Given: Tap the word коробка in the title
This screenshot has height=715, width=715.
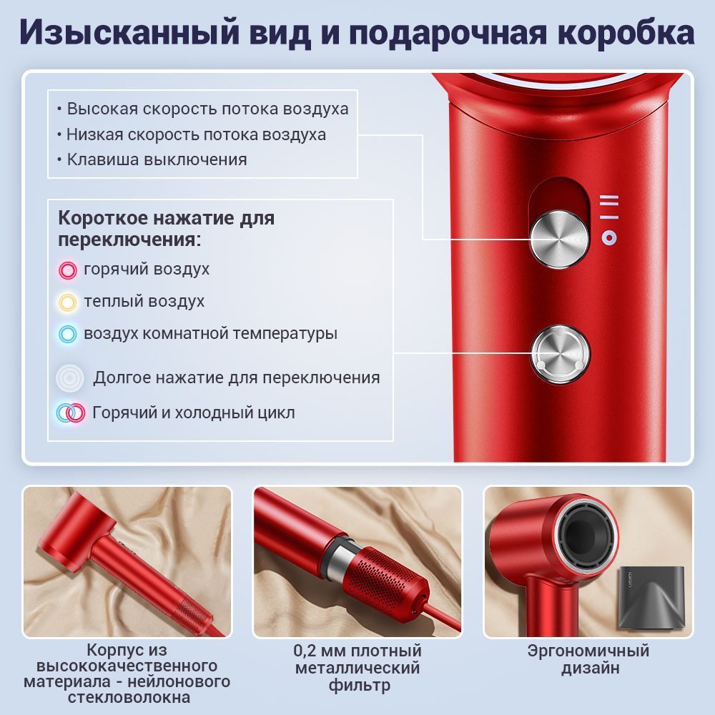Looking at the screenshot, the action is (x=626, y=32).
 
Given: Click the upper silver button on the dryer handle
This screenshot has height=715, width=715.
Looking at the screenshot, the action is (x=559, y=239).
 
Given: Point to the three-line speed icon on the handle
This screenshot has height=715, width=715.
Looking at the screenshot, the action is (x=609, y=207).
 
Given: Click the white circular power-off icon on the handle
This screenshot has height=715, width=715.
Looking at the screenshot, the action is (x=609, y=237).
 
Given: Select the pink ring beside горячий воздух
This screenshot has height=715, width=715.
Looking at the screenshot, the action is (x=67, y=270).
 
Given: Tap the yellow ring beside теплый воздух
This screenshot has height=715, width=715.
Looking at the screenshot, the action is (x=67, y=302).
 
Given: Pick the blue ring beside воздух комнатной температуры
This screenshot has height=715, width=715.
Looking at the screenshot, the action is (x=67, y=334).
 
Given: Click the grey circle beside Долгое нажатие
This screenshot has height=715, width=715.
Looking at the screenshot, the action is (x=70, y=378).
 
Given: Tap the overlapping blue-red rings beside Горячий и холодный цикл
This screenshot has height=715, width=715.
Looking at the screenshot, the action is (x=71, y=413).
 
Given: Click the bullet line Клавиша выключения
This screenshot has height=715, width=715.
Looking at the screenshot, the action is (x=152, y=159).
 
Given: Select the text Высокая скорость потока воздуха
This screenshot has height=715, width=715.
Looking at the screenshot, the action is (x=203, y=109).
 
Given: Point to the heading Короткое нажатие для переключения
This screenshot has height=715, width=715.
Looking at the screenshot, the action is (x=166, y=229).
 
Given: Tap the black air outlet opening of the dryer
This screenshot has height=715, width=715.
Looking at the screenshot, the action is (x=586, y=534).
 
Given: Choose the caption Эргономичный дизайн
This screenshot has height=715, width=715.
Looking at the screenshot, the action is (x=588, y=659).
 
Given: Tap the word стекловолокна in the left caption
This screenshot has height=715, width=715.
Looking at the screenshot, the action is (x=129, y=697).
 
